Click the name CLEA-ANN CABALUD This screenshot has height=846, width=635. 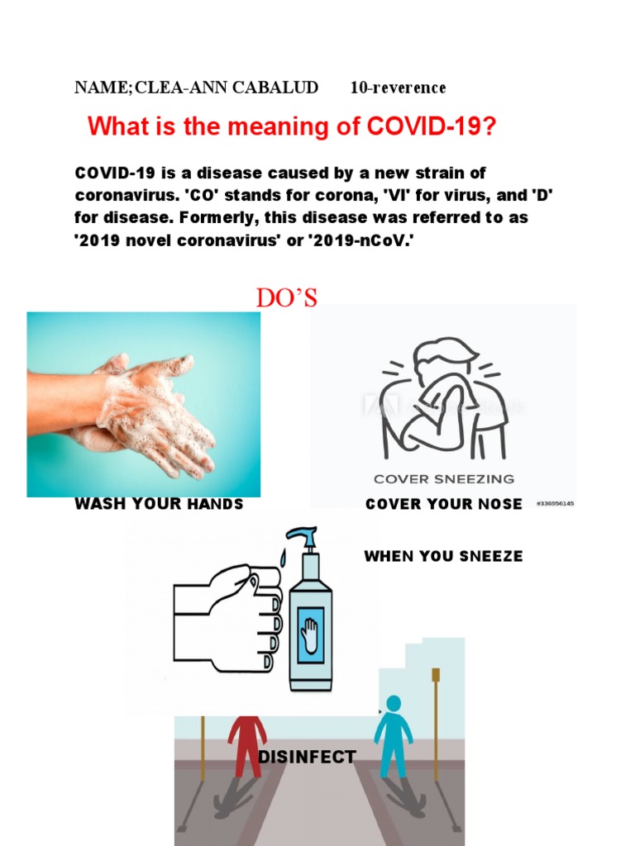coord(226,88)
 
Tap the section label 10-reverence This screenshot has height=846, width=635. coord(398,88)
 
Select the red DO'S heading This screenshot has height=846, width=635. coord(286,298)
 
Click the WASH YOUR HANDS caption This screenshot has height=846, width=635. coord(159,504)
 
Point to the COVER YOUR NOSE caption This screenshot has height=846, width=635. coord(444,504)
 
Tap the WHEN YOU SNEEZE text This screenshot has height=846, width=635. coord(443,556)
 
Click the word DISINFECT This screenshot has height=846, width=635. coord(307,757)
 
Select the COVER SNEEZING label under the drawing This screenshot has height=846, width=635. coord(443,478)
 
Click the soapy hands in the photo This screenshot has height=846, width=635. coord(149,409)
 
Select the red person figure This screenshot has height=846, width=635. coord(246,744)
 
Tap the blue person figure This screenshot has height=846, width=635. coord(393,735)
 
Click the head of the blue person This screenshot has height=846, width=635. coord(394,703)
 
